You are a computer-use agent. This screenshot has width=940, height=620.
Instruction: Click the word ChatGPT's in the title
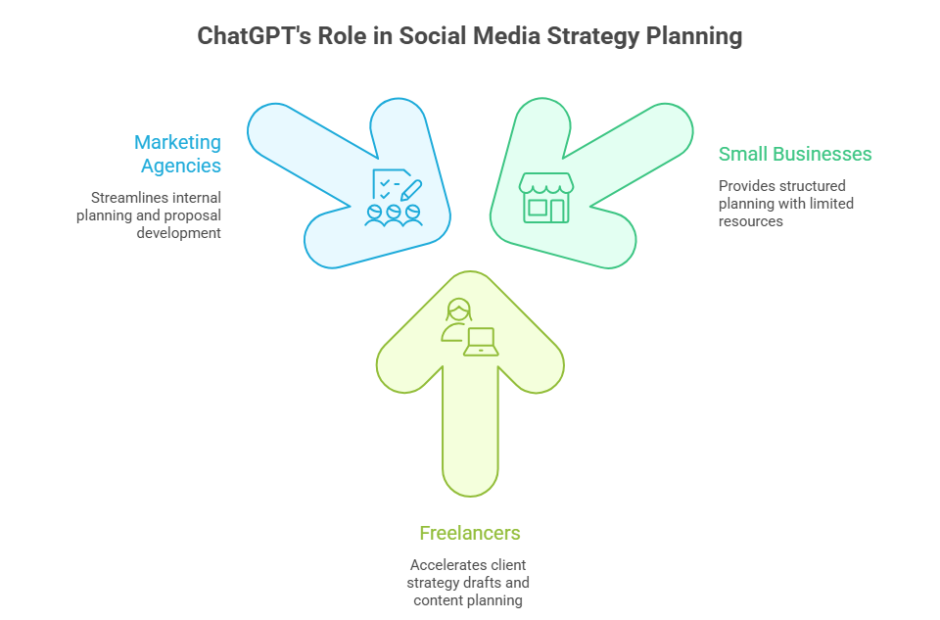[255, 36]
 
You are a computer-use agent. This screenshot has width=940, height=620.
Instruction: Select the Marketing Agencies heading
[178, 154]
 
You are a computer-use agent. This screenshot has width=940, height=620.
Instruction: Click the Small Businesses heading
[795, 154]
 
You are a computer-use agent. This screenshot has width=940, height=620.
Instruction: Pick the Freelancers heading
[470, 533]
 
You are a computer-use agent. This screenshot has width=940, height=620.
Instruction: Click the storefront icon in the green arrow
[546, 198]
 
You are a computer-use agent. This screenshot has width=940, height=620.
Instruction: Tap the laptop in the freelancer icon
[481, 342]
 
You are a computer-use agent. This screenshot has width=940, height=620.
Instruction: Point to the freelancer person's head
[459, 310]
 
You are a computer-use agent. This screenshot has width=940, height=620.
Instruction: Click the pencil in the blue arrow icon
[411, 190]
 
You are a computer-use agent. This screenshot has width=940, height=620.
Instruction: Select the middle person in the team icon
[394, 215]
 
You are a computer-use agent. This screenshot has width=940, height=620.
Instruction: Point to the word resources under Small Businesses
[751, 222]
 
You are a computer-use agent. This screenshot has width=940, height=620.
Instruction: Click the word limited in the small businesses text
[831, 204]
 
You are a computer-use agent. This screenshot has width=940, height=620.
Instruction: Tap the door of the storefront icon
[557, 211]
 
